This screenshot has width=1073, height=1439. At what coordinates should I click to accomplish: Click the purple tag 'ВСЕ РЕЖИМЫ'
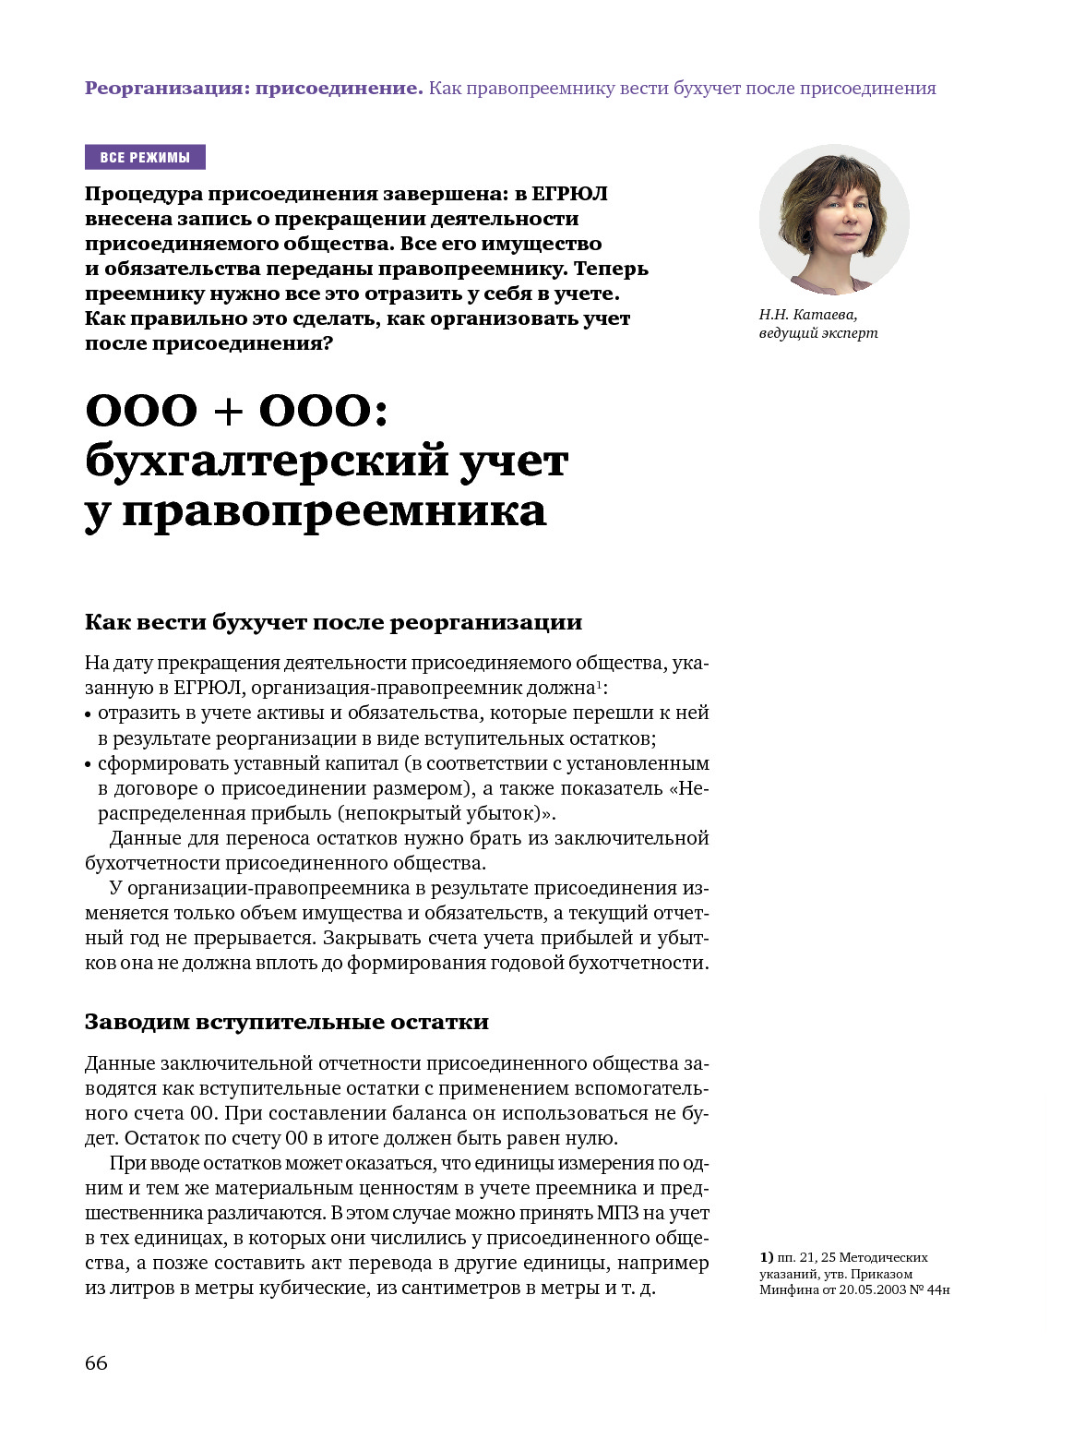pos(145,158)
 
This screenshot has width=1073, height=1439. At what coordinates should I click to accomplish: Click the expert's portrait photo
pos(834,220)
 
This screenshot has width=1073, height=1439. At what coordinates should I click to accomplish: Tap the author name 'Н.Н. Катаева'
pos(808,315)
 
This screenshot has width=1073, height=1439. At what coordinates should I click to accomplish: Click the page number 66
pos(96,1363)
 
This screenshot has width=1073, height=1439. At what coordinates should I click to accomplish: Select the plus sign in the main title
pos(228,412)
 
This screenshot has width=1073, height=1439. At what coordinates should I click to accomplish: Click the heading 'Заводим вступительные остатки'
pos(287,1023)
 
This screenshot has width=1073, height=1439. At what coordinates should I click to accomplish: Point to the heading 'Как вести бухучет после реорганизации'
pos(333,622)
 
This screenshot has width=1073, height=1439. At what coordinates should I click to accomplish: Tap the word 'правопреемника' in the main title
pos(334,510)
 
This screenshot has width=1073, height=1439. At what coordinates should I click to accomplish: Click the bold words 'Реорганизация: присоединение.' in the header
pos(254,89)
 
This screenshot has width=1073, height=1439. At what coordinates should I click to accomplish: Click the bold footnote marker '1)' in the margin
pos(767,1257)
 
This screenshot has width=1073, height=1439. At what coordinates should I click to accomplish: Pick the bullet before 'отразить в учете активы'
pos(89,714)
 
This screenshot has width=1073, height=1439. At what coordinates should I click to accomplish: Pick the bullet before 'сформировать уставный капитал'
pos(89,765)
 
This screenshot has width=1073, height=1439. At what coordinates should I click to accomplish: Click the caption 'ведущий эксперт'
pos(818,333)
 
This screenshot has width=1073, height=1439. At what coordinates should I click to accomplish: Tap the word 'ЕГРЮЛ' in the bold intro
pos(570,194)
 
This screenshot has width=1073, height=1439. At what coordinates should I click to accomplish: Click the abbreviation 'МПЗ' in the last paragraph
pos(618,1213)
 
